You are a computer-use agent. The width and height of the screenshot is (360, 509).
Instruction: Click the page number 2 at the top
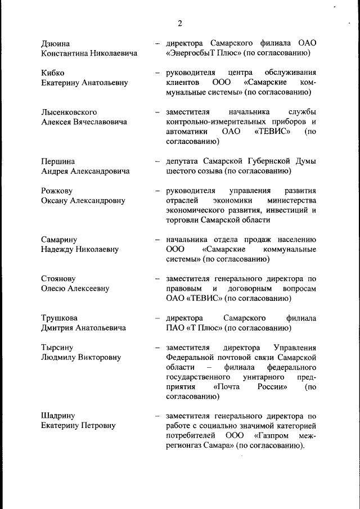(180, 23)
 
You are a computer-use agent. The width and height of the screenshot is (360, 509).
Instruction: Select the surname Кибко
(53, 73)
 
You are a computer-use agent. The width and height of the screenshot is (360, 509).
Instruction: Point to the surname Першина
(58, 161)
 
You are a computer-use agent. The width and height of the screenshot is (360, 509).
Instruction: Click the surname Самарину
(59, 240)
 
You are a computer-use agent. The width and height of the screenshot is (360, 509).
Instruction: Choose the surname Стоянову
(58, 279)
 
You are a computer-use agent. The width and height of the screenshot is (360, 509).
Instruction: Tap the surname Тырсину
(57, 348)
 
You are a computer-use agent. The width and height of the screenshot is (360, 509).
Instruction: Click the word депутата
(185, 161)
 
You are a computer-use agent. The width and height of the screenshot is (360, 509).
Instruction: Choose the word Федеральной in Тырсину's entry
(191, 358)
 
